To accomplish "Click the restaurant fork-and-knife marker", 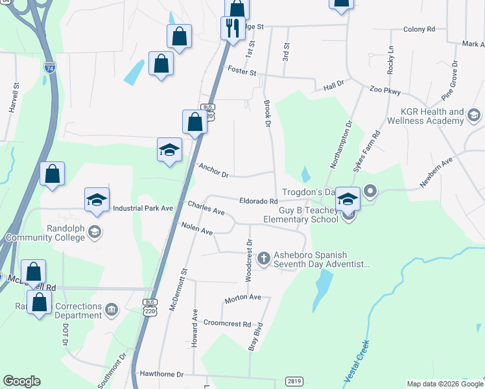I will point(232,27).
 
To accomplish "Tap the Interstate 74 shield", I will point(50,67).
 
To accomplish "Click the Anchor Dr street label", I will point(214,170).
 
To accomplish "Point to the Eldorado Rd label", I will point(259,202).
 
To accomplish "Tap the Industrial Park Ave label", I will point(143,208).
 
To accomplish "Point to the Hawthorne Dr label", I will point(162,375).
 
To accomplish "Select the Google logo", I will point(21,381).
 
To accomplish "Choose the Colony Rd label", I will point(418,29).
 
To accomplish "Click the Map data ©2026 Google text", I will point(444,384).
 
